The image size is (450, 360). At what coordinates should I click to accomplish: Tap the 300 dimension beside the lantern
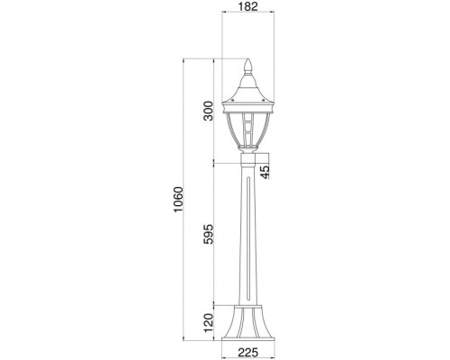(208, 111)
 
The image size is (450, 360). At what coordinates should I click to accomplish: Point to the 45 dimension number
(265, 171)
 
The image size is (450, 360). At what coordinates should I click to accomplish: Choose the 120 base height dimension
(208, 321)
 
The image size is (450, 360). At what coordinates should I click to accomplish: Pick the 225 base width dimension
(249, 354)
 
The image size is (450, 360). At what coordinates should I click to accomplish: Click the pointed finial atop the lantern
(249, 67)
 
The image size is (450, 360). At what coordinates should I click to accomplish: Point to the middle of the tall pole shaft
(249, 234)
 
